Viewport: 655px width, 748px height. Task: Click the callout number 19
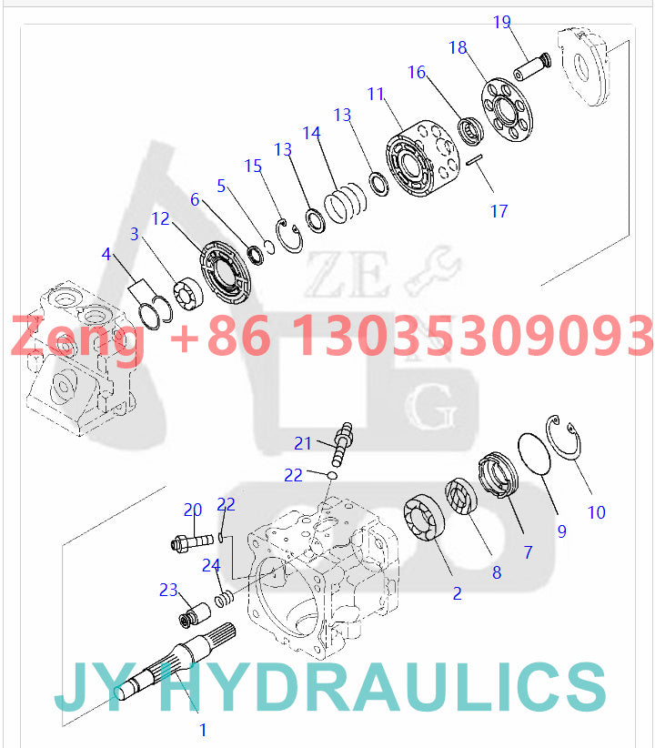(502, 22)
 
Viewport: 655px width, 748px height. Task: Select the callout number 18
(458, 46)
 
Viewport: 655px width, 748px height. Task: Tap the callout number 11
(377, 94)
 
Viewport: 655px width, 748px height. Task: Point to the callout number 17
(499, 211)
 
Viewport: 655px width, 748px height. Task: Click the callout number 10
(596, 512)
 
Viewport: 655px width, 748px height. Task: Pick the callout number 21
(303, 443)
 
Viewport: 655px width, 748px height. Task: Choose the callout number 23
(168, 591)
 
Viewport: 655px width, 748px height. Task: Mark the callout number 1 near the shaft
(203, 729)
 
